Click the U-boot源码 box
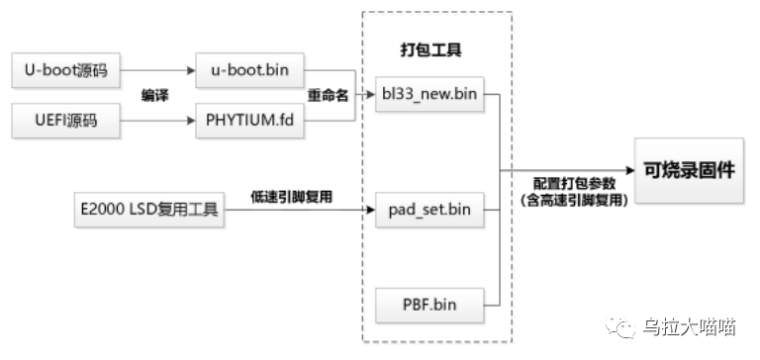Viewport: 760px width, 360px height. click(x=65, y=71)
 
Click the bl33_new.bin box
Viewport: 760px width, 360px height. click(x=430, y=96)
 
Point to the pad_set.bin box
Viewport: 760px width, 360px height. click(x=430, y=211)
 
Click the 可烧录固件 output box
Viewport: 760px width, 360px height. click(x=690, y=170)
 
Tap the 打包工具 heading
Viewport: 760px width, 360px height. click(x=429, y=48)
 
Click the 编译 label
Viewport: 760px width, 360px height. click(x=155, y=96)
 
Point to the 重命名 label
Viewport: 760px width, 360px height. click(x=330, y=96)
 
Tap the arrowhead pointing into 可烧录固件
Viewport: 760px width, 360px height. click(x=627, y=170)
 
